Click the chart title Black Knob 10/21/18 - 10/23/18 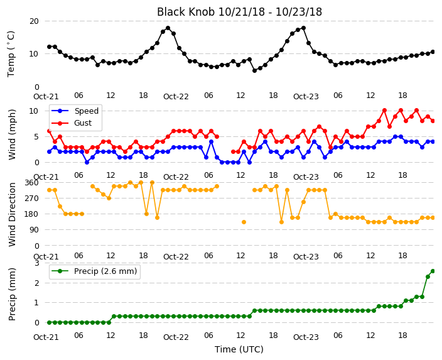coord(239,12)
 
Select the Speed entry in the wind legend coord(75,111)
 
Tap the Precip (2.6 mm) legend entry coord(94,271)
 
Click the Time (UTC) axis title coord(239,349)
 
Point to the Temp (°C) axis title coord(11,54)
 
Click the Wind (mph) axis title coord(12,134)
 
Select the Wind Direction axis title coord(12,214)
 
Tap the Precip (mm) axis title coord(12,294)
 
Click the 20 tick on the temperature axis coord(34,21)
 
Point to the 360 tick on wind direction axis coord(31,183)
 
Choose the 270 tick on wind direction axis coord(31,199)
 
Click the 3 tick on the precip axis coord(36,263)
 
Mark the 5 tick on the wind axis coord(36,137)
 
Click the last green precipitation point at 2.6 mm coord(433,271)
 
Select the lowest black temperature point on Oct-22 coord(254,71)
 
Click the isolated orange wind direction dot coord(244,222)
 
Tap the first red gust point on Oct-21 coord(50,131)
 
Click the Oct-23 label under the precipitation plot coord(306,337)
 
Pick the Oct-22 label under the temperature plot coord(176,97)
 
